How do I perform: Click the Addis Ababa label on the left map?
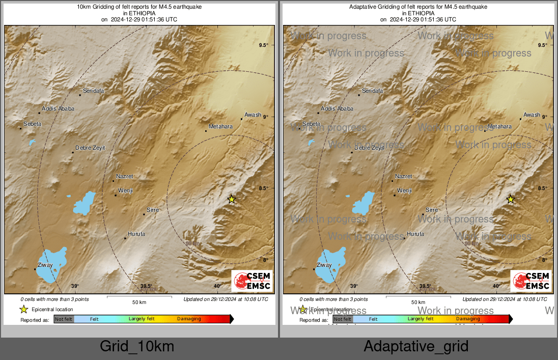click(x=58, y=108)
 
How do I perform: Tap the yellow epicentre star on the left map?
click(x=232, y=199)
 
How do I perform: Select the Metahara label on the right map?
click(x=499, y=126)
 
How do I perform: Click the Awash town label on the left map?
click(x=253, y=115)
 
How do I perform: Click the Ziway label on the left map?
click(x=45, y=265)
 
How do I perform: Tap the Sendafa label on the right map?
click(x=372, y=91)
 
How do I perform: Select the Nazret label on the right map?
click(x=403, y=176)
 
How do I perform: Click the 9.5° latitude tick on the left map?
click(x=263, y=45)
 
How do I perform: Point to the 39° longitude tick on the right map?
click(x=354, y=286)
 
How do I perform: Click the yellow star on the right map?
click(x=511, y=199)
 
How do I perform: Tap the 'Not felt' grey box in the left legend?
click(x=64, y=319)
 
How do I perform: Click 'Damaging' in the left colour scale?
click(x=189, y=319)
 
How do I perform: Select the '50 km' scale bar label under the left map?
click(x=139, y=302)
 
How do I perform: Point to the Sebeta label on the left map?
click(x=32, y=124)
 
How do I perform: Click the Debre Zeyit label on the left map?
click(x=90, y=148)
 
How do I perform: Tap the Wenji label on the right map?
click(x=404, y=190)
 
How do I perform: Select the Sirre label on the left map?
click(x=152, y=210)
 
